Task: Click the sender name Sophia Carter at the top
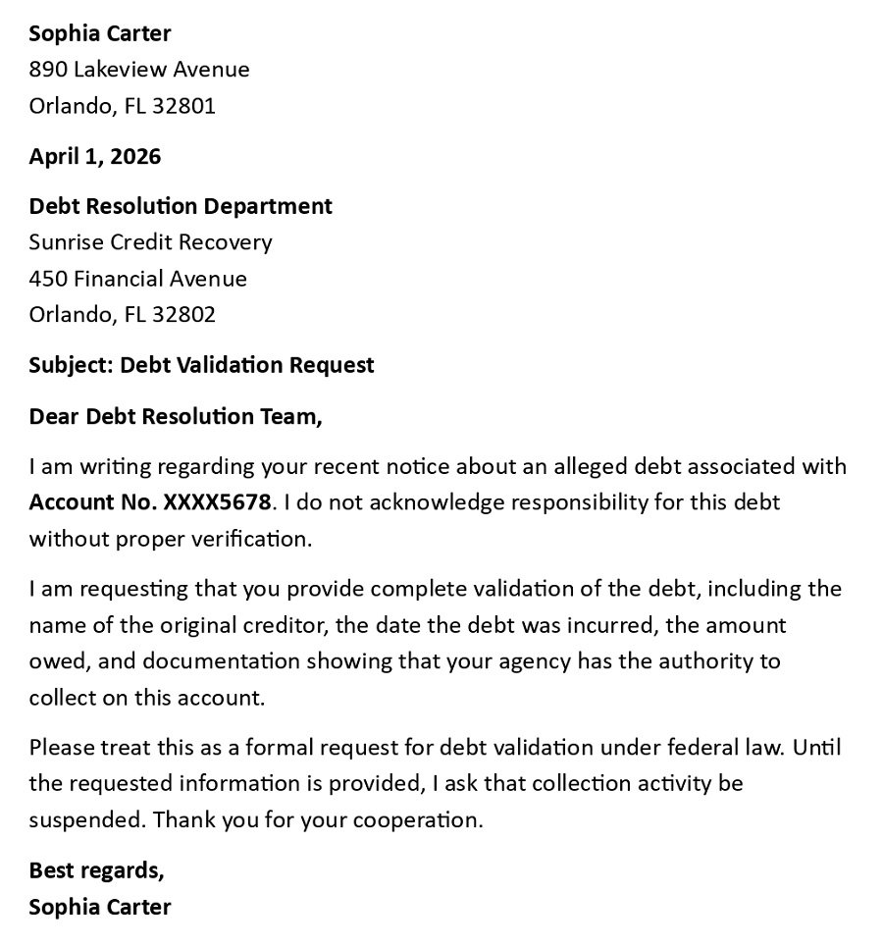point(99,33)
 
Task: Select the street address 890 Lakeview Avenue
point(139,70)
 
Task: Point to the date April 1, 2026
point(94,156)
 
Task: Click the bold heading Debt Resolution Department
point(181,206)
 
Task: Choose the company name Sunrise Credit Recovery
point(150,242)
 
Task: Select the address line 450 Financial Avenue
point(137,279)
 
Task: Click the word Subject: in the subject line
point(71,365)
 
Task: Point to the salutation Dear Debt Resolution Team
point(175,416)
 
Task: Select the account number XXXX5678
point(216,502)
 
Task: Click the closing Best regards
point(96,870)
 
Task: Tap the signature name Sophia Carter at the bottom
point(99,907)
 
